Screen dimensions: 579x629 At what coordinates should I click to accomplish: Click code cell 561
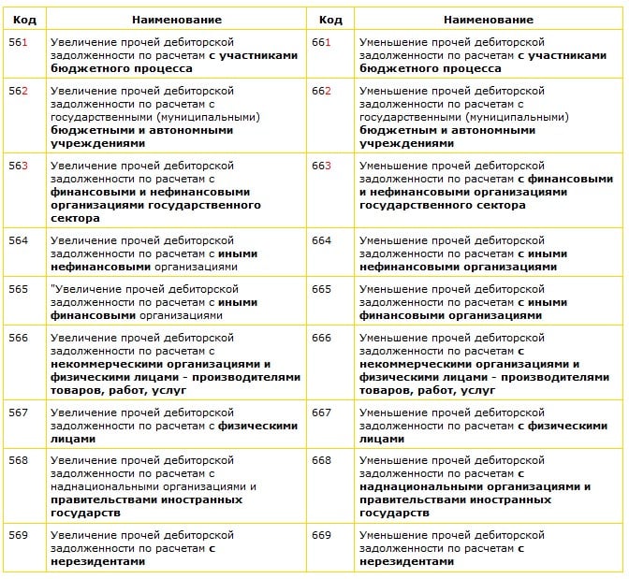[19, 42]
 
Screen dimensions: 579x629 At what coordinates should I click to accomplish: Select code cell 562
[19, 91]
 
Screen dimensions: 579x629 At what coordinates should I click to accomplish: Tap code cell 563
[19, 166]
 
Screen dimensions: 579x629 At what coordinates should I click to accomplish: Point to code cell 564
[19, 240]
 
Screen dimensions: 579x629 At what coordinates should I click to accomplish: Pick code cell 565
[19, 289]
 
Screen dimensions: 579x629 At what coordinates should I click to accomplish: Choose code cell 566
[19, 338]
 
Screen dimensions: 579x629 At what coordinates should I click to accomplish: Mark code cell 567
[19, 413]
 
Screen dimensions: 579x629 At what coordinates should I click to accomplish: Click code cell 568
[19, 460]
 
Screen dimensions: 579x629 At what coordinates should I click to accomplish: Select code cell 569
[19, 535]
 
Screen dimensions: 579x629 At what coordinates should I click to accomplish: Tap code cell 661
[322, 42]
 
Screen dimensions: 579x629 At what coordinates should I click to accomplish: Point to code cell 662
[322, 91]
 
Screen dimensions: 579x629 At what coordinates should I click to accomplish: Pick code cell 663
[322, 166]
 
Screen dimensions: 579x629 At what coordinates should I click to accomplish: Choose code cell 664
[322, 240]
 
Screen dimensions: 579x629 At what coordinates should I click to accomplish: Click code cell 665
[322, 289]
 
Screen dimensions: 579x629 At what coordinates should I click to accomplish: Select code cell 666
[322, 338]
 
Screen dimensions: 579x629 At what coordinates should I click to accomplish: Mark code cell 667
[322, 413]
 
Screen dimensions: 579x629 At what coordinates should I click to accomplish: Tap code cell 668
[322, 460]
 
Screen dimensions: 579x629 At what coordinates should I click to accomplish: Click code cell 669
[322, 535]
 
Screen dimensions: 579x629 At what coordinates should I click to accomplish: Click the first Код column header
[24, 19]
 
